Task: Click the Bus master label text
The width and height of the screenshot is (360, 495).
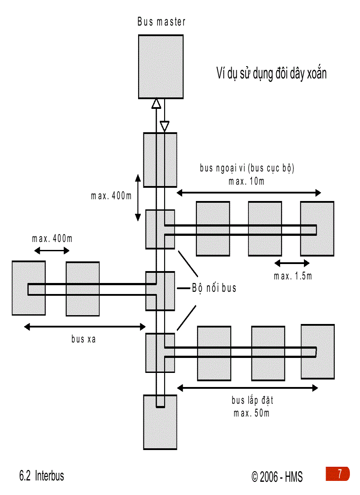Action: tap(161, 22)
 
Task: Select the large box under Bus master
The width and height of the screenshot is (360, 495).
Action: tap(161, 67)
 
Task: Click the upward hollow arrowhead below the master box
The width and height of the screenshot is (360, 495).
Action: tap(156, 104)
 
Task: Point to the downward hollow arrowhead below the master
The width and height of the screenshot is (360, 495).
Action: tap(165, 126)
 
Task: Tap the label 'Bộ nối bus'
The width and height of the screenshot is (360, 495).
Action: tap(214, 288)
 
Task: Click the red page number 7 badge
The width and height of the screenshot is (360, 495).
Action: tap(338, 474)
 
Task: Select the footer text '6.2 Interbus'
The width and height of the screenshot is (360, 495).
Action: tap(41, 476)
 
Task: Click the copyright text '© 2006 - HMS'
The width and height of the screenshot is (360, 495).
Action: tap(277, 477)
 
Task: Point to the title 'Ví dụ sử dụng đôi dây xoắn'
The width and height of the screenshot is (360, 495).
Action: tap(271, 73)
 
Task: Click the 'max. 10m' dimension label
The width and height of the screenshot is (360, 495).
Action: tap(247, 181)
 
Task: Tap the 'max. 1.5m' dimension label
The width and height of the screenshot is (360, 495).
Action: tap(293, 276)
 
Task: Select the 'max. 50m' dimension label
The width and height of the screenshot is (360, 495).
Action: tap(252, 413)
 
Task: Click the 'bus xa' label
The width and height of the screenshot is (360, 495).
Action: tap(83, 339)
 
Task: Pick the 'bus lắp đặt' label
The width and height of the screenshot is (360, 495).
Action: tap(252, 401)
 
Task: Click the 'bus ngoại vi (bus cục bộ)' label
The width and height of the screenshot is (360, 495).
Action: tap(247, 168)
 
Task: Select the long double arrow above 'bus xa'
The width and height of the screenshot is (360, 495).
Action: tap(85, 327)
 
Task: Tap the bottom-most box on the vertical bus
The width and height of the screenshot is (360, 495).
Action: tap(160, 422)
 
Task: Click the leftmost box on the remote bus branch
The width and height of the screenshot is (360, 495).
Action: tap(29, 288)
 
